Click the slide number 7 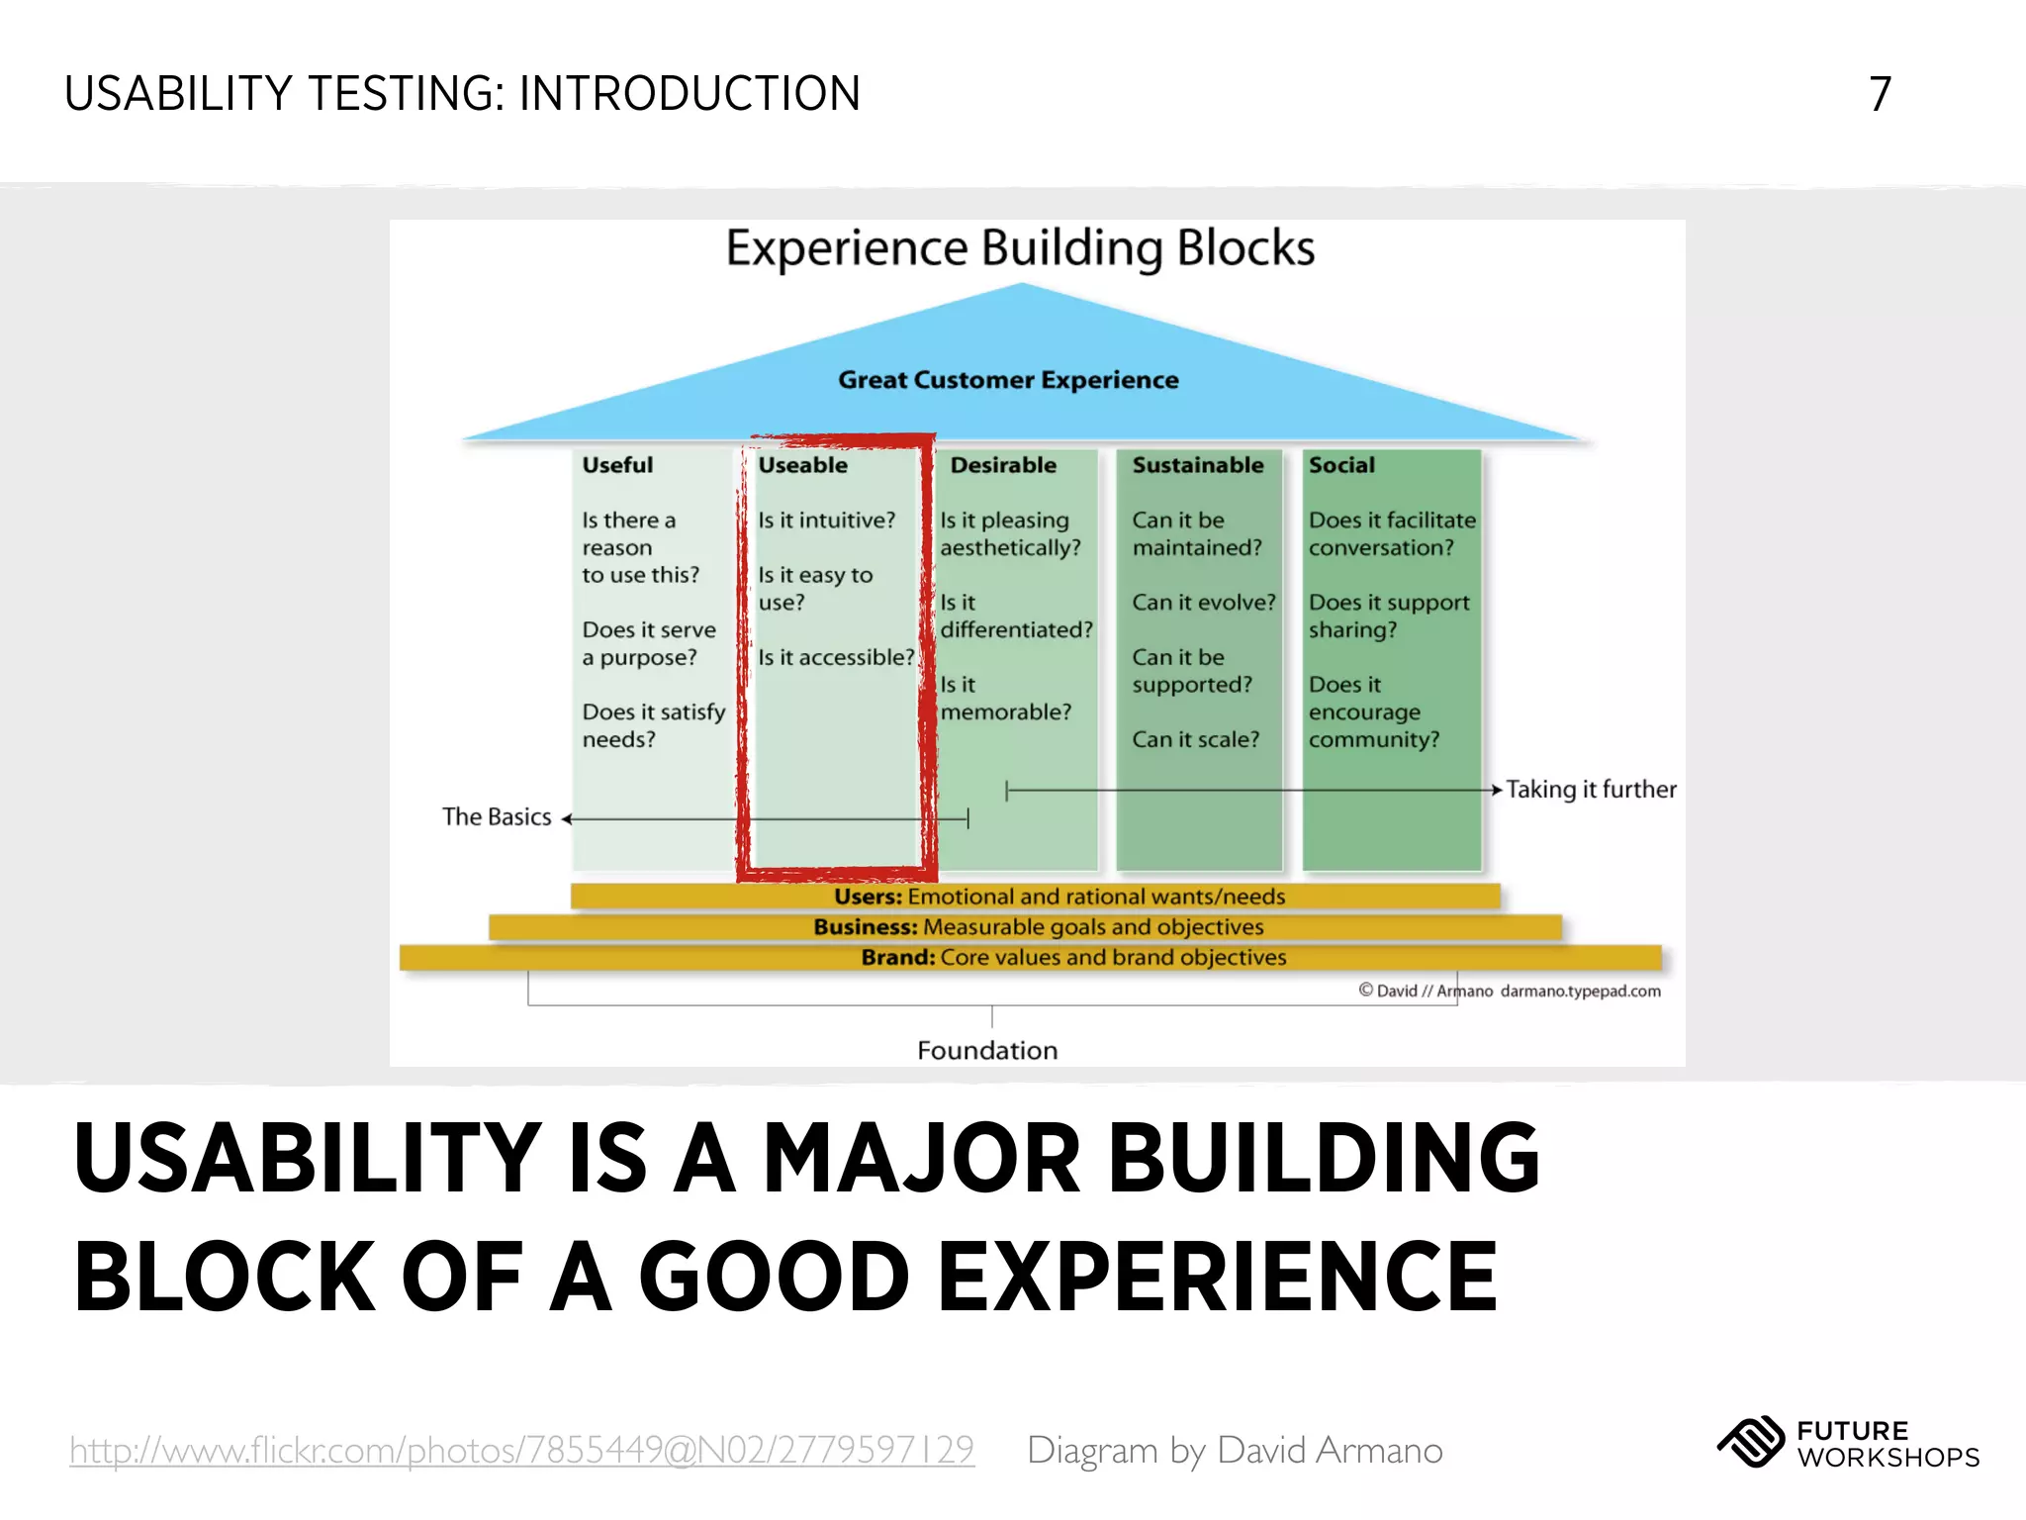point(1880,95)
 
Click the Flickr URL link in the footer point(521,1450)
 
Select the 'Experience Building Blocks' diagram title point(1020,248)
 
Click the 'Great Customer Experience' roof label point(1008,380)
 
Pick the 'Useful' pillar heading point(617,465)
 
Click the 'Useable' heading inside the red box point(802,465)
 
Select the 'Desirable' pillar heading point(1002,465)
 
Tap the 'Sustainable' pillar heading point(1197,465)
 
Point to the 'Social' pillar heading point(1341,465)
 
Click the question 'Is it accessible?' point(836,657)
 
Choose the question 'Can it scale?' point(1195,739)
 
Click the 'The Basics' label point(497,817)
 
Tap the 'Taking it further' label point(1591,790)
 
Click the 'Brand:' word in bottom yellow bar point(897,958)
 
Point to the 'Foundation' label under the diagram point(987,1051)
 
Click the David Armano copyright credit point(1509,992)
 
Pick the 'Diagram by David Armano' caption point(1235,1451)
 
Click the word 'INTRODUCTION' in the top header point(690,95)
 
